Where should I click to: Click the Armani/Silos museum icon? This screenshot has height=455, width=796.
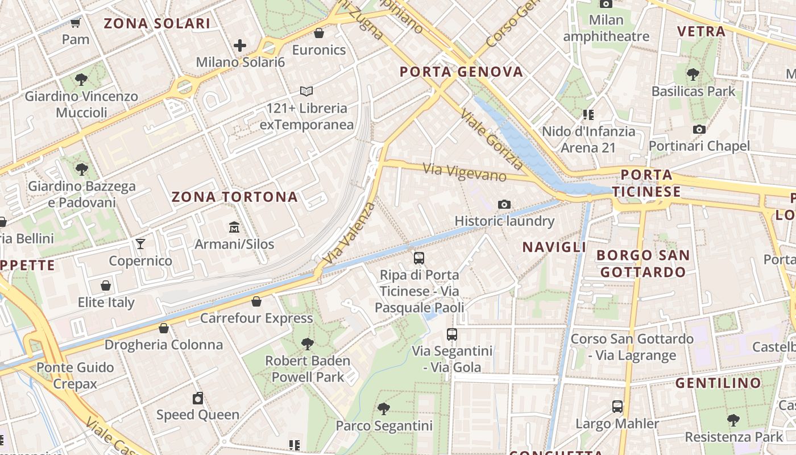point(234,227)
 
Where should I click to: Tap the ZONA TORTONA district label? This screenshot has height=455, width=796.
point(235,197)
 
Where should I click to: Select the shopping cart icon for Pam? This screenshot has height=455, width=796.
point(75,23)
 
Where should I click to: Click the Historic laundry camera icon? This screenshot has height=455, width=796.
point(504,204)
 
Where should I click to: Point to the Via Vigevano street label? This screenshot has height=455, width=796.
point(465,172)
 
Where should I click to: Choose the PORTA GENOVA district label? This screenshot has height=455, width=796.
point(461,72)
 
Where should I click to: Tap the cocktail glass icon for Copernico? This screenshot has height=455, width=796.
point(140,244)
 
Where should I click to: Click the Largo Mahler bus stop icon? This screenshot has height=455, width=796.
point(617,407)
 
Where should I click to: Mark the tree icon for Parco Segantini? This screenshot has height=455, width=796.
point(384,408)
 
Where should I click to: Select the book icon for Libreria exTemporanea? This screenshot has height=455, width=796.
point(306,91)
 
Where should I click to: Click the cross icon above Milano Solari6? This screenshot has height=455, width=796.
point(240,45)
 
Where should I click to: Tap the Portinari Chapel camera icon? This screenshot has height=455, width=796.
point(699,129)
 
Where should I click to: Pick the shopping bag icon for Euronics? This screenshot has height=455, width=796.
point(319,33)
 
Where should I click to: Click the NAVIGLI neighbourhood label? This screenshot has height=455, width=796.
point(554,247)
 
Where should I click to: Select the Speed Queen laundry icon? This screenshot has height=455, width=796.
point(198,398)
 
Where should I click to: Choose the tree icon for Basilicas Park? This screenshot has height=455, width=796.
point(693,74)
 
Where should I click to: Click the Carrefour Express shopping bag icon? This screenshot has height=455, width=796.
point(256,301)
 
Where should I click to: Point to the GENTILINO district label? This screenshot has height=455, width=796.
point(718,383)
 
